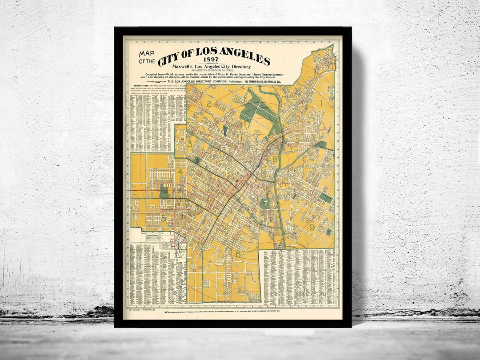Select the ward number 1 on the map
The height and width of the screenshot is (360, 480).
click(320, 103)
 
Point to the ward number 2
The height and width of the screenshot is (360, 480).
click(208, 104)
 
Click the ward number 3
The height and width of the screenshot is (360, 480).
click(190, 144)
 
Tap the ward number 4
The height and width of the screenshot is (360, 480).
click(180, 172)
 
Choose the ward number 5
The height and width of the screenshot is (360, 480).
click(164, 218)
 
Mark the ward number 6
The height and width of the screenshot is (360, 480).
click(238, 254)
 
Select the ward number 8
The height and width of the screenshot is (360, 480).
click(275, 159)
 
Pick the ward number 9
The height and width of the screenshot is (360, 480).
click(312, 227)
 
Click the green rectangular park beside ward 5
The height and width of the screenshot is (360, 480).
click(164, 192)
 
